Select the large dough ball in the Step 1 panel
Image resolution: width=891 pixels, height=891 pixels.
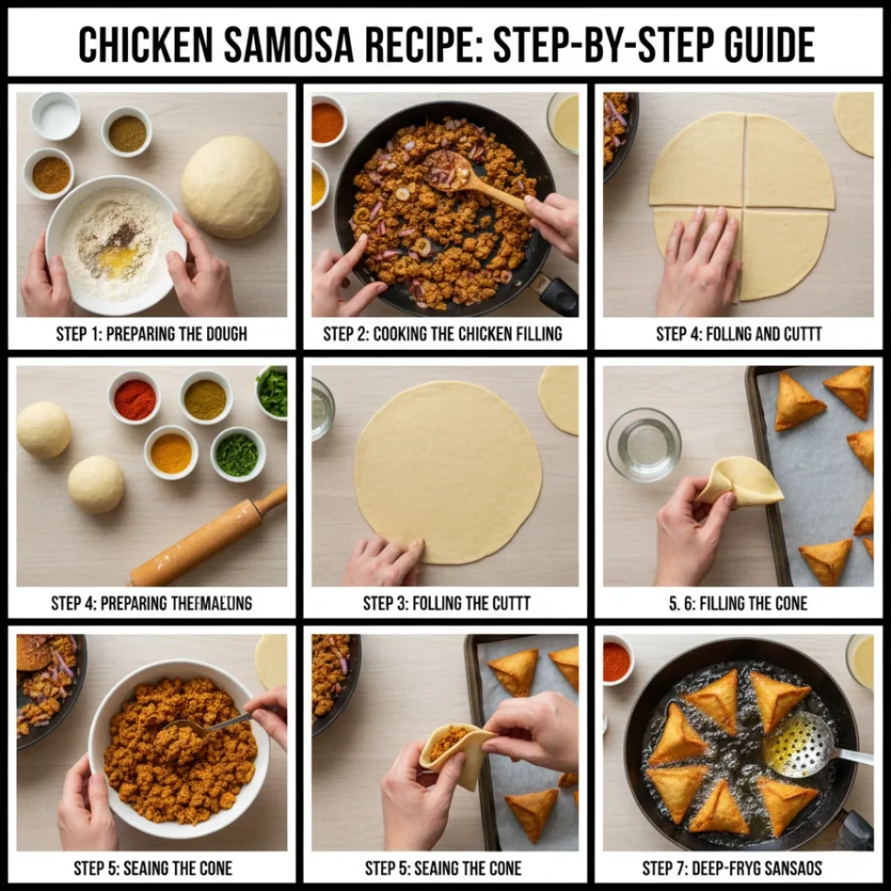pos(231,186)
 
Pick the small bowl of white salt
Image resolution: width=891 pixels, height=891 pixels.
pos(56,116)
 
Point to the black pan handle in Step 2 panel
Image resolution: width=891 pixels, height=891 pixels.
pos(557,294)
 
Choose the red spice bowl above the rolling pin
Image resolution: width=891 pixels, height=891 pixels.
pos(135,399)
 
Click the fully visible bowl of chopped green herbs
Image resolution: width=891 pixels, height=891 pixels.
pos(237,454)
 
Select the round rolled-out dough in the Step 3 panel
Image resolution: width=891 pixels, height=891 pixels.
pos(447,470)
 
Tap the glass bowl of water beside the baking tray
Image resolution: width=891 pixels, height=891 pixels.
pos(644,444)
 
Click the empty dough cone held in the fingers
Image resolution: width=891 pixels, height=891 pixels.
pos(741,481)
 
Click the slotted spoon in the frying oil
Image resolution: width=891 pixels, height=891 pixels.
pos(801,744)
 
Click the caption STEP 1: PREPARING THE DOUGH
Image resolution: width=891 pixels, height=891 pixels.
pos(152,334)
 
